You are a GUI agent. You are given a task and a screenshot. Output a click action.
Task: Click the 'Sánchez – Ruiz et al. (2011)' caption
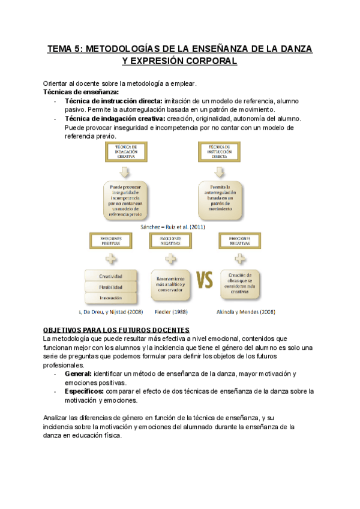[173, 227]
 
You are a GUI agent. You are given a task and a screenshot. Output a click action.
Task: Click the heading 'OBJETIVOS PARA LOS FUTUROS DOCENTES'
[116, 331]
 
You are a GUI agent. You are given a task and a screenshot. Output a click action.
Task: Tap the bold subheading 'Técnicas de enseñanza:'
[81, 92]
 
